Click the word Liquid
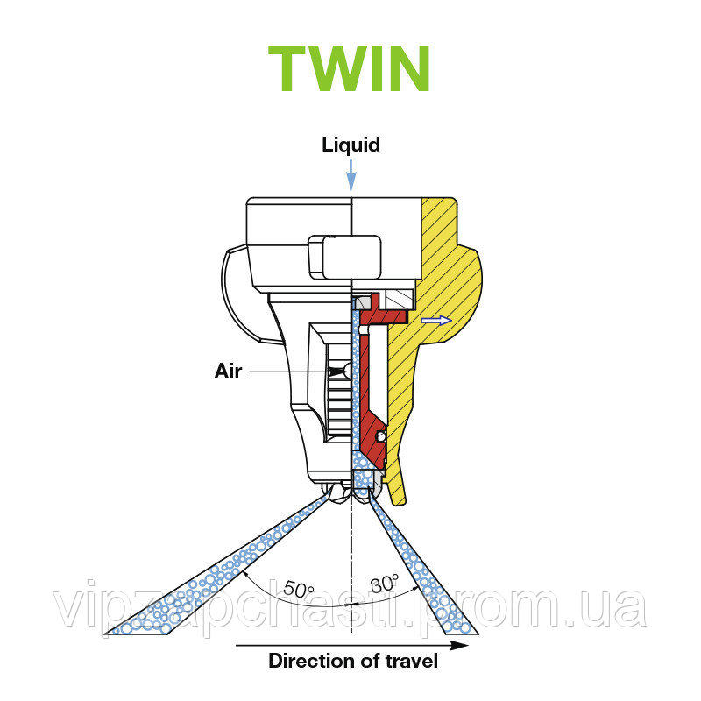click(350, 145)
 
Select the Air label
click(228, 371)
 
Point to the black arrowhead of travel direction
click(459, 645)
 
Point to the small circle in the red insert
click(379, 435)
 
